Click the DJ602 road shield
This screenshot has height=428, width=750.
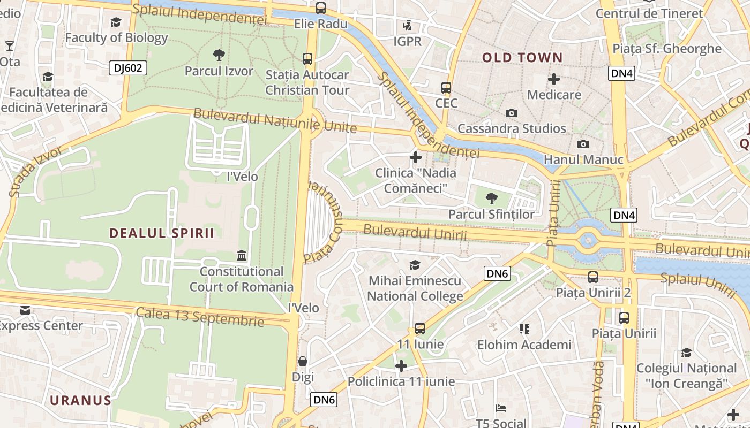[127, 68]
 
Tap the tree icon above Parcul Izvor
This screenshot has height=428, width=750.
[219, 54]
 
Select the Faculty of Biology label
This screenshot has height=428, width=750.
[116, 37]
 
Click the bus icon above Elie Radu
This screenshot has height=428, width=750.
[320, 8]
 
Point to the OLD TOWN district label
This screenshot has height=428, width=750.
[522, 58]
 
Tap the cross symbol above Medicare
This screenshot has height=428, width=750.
[553, 80]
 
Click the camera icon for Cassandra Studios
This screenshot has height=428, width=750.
[511, 113]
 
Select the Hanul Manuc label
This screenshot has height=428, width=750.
[583, 159]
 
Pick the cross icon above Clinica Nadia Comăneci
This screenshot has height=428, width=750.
[415, 157]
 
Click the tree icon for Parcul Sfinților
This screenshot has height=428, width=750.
[491, 199]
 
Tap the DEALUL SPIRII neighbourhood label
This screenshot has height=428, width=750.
[162, 233]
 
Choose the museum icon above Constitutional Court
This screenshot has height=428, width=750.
[242, 256]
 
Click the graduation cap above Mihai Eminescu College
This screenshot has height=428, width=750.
[415, 265]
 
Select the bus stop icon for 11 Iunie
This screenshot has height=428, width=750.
[420, 328]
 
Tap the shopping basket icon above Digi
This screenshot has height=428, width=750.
[303, 361]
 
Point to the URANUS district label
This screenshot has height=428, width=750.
[81, 400]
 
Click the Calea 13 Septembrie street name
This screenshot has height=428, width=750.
[200, 317]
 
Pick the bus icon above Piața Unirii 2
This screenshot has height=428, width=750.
[593, 277]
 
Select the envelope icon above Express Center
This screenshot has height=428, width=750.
[25, 310]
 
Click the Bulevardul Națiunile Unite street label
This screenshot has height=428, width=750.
[275, 120]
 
